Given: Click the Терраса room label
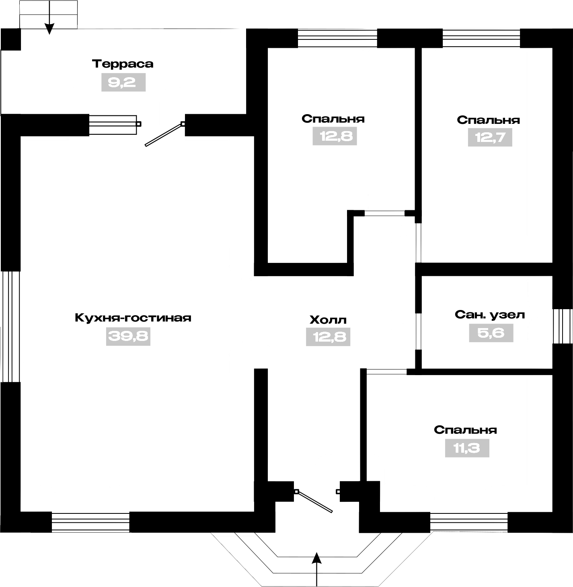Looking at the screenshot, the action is pos(123,64).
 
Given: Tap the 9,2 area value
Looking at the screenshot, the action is pos(123,82).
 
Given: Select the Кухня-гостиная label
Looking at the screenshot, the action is pos(133,318).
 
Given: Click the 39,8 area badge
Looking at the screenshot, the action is pos(128,337).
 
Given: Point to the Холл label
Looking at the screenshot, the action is pos(328,320).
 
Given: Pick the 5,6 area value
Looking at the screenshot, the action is pos(491,333).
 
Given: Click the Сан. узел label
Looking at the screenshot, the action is pos(490,315).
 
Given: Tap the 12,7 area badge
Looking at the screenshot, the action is pos(490,138).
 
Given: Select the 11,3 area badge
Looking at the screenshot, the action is pos(467,448).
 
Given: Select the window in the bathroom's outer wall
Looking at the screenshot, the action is pos(563,326).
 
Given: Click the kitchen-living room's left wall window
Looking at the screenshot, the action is pos(10,327).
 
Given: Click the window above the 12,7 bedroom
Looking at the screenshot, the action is pos(481,38).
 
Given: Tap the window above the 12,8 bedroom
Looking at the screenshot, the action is pos(338,38).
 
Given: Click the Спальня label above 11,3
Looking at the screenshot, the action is pos(465,430).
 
